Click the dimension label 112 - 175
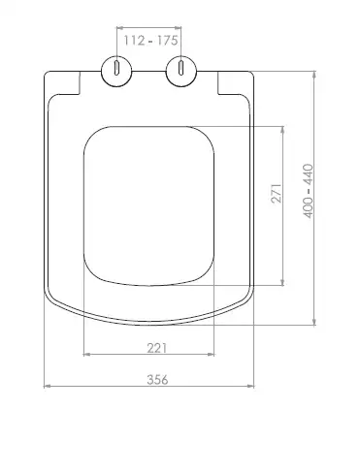click(x=150, y=41)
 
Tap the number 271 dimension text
click(x=277, y=193)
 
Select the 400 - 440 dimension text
click(x=308, y=191)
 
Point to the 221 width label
click(x=157, y=348)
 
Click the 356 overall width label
click(x=157, y=379)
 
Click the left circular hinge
click(x=116, y=72)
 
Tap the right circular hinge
click(x=181, y=72)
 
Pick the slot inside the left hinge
click(x=116, y=67)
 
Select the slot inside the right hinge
click(x=181, y=67)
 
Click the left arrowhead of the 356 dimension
click(x=48, y=386)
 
